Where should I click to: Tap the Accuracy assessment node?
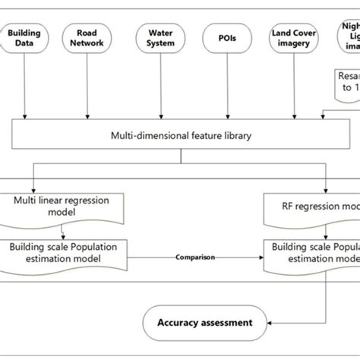(205, 323)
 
